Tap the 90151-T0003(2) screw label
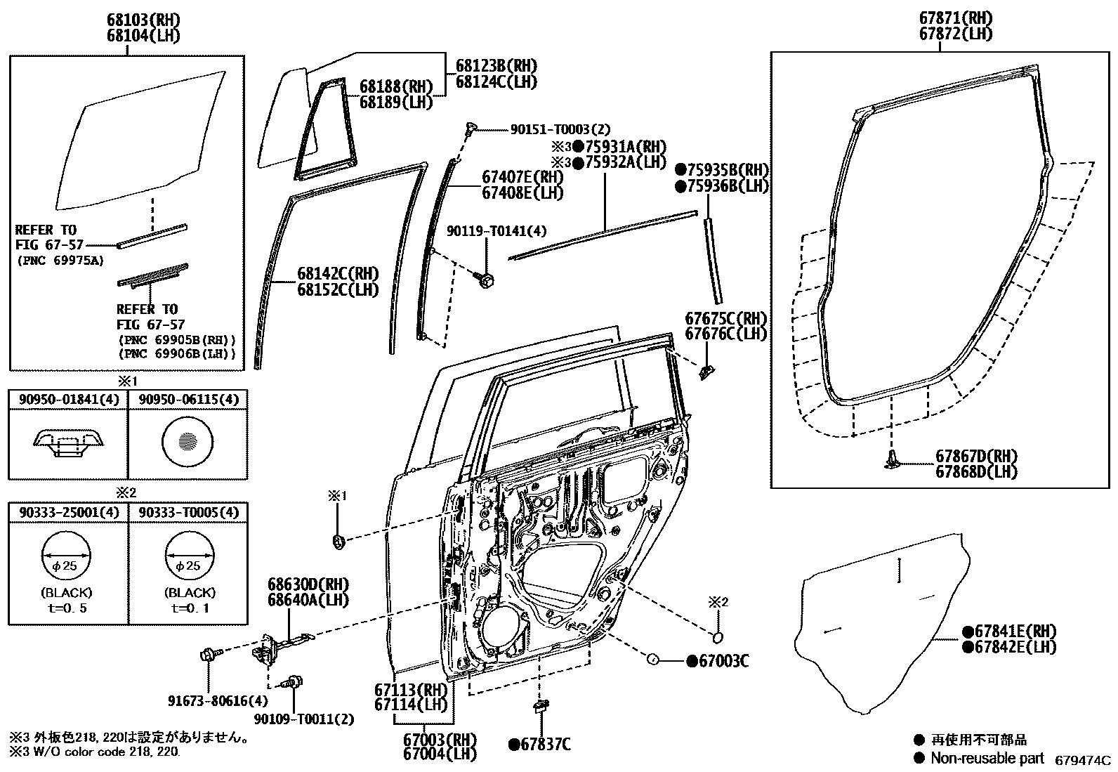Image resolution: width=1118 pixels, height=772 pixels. tap(560, 129)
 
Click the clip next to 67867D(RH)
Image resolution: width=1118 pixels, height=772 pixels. tap(893, 460)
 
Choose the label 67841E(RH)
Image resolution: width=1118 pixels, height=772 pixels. tap(1008, 632)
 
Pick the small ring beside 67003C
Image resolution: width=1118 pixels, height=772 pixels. tap(651, 660)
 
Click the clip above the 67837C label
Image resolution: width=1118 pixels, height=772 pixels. tap(539, 706)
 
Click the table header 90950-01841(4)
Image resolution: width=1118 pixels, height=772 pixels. tap(67, 400)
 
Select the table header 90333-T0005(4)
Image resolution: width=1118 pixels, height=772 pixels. tap(188, 513)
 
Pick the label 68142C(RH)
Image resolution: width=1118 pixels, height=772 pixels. tap(327, 274)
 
